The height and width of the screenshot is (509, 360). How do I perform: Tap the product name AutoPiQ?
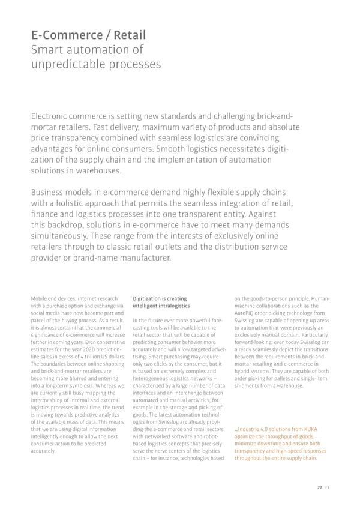click(x=245, y=313)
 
